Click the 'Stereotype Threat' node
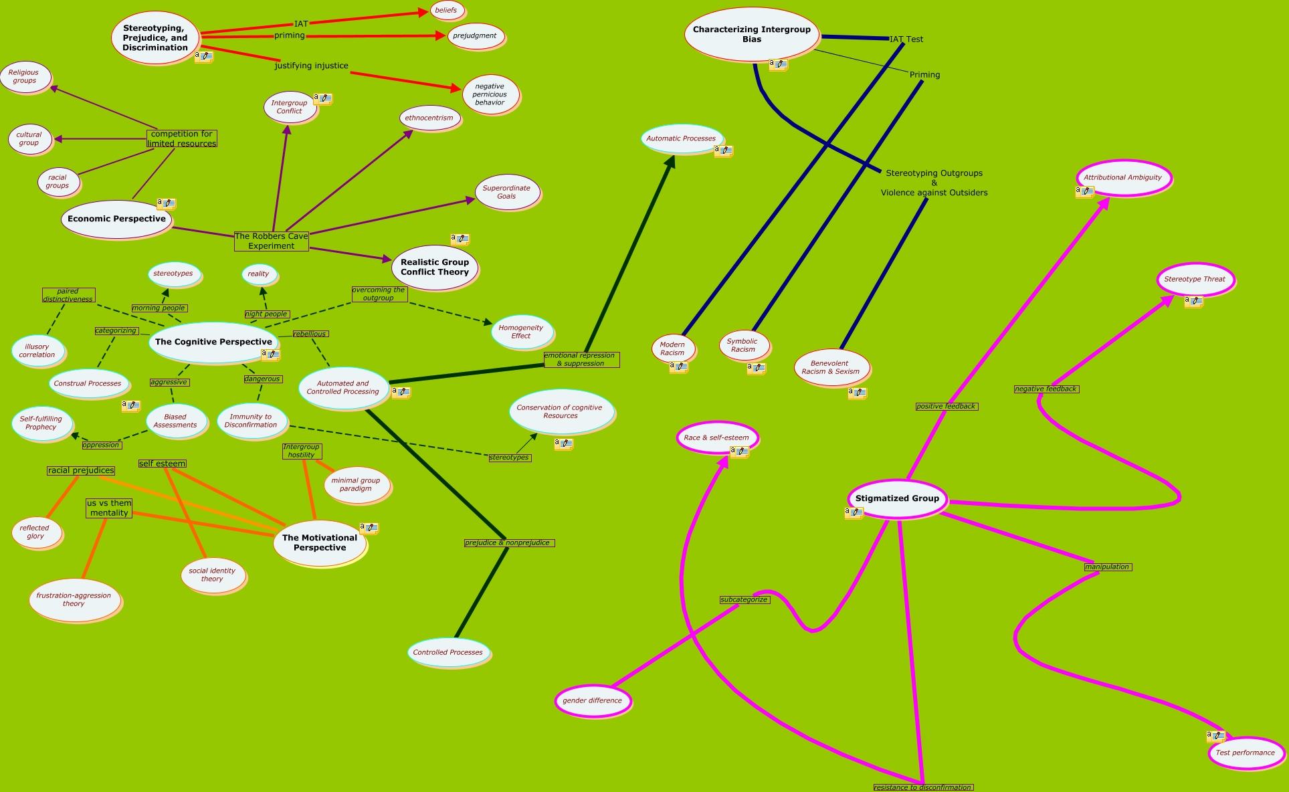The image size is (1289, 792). pyautogui.click(x=1195, y=280)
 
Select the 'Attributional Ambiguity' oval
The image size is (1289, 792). pyautogui.click(x=1123, y=178)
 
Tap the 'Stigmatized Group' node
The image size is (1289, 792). pyautogui.click(x=897, y=498)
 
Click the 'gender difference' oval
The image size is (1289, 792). pyautogui.click(x=592, y=701)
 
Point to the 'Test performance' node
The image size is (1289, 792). pyautogui.click(x=1245, y=753)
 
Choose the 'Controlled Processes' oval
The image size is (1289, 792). pyautogui.click(x=448, y=652)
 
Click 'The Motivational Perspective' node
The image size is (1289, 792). pyautogui.click(x=320, y=542)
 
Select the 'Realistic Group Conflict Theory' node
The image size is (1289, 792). pyautogui.click(x=435, y=267)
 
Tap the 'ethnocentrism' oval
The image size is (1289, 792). pyautogui.click(x=429, y=118)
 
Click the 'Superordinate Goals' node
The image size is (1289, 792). pyautogui.click(x=506, y=193)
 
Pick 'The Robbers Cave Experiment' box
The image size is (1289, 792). pyautogui.click(x=272, y=241)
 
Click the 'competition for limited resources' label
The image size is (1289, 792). pyautogui.click(x=182, y=138)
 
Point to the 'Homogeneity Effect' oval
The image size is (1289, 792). pyautogui.click(x=521, y=332)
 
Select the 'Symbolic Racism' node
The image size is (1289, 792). pyautogui.click(x=742, y=345)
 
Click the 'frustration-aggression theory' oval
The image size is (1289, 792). pyautogui.click(x=74, y=599)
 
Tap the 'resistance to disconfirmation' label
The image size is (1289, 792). pyautogui.click(x=922, y=787)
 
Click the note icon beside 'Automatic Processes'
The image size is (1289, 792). pyautogui.click(x=723, y=151)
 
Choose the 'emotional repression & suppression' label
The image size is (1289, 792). pyautogui.click(x=581, y=360)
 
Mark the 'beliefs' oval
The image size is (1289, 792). pyautogui.click(x=446, y=11)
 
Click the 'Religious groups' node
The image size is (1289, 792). pyautogui.click(x=24, y=77)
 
